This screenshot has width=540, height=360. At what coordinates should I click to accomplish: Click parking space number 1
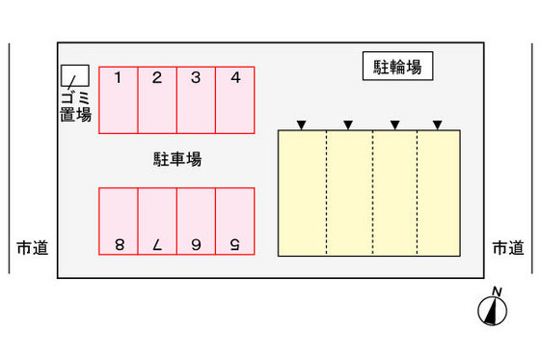point(118,99)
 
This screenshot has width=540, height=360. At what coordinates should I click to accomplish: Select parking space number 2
point(157,99)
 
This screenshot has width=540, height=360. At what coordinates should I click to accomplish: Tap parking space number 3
point(196,99)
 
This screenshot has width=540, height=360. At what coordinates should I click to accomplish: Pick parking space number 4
point(234,99)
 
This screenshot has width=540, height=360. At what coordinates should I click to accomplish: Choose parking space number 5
point(234,221)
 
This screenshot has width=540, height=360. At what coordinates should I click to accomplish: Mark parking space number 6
point(196,221)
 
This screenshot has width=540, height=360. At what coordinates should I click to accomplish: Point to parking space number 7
point(157,221)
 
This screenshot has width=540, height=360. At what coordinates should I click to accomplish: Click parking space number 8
point(118,221)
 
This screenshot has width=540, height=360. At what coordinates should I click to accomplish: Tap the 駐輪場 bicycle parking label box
point(397,67)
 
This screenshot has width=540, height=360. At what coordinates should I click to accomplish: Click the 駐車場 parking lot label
point(177,159)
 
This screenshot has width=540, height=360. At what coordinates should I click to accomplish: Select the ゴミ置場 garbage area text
point(75,106)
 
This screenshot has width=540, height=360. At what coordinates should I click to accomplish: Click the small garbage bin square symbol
point(75,74)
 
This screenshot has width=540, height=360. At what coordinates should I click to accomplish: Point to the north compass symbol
point(494,308)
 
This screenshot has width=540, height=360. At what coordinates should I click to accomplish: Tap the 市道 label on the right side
point(508,248)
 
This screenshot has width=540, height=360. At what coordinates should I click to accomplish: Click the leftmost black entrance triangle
point(301,125)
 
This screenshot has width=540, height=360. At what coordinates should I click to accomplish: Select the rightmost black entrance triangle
point(438,125)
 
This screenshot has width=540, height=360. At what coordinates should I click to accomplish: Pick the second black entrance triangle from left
point(347,125)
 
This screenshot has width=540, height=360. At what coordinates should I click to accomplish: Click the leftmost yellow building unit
point(302,193)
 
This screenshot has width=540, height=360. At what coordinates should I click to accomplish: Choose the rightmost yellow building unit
point(438,193)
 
